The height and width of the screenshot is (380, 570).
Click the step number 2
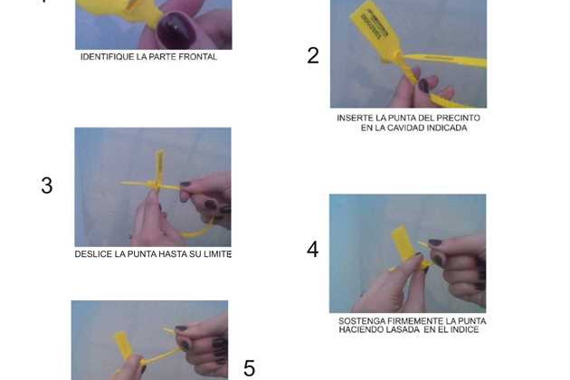pos(313,55)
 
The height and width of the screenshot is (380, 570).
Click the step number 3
pos(47,185)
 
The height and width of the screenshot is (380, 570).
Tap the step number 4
pos(313,250)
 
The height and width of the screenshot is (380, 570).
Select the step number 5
pos(249,368)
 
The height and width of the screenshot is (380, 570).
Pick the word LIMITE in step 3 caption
pos(217,254)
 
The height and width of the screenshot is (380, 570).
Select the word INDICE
pos(464,330)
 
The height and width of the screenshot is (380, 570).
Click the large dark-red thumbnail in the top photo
pos(176,32)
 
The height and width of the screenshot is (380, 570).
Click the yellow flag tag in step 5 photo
pos(123,345)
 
